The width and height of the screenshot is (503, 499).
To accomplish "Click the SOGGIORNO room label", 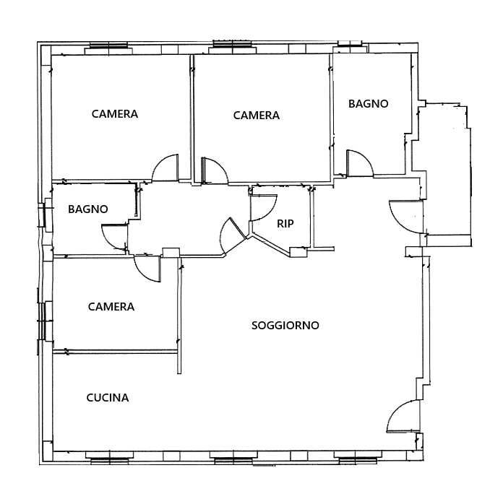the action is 285,326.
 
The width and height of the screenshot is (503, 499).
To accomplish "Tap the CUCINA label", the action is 108,398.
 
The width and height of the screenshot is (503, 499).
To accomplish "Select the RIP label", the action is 285,224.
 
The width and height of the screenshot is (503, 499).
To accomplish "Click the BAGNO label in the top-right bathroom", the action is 369,104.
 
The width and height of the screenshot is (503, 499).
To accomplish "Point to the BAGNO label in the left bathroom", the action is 88,209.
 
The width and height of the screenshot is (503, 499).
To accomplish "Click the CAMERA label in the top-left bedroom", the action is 115,114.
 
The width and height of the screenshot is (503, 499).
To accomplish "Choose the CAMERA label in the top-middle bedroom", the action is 257,116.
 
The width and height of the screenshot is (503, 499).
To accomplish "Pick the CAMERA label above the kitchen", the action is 111,307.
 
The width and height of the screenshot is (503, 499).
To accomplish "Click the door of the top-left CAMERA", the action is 165,168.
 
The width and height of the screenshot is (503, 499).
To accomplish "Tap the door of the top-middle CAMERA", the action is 215,171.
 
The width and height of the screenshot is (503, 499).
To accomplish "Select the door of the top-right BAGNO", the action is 360,162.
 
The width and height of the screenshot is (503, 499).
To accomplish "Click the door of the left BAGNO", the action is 114,237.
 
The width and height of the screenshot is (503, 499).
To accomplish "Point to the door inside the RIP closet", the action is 264,207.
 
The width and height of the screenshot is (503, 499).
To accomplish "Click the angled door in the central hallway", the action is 233,235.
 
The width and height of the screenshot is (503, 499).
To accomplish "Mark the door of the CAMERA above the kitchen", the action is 147,269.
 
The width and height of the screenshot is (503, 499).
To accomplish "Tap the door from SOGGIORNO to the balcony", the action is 406,217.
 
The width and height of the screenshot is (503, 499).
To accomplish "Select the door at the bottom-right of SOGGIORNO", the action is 403,416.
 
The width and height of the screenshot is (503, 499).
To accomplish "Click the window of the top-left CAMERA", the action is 108,48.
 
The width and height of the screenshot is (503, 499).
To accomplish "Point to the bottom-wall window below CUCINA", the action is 109,458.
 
